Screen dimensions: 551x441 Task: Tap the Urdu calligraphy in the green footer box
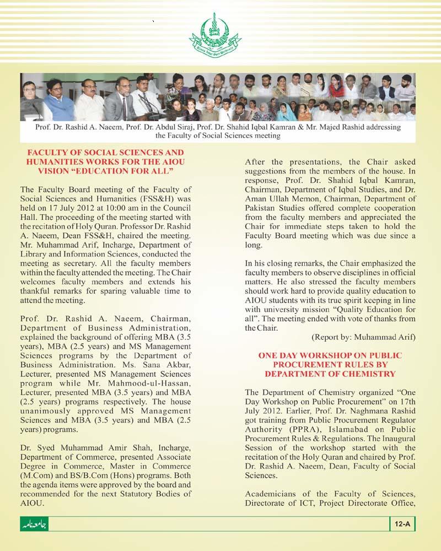[x=34, y=524]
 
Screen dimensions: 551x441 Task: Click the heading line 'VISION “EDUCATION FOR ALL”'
[x=105, y=170]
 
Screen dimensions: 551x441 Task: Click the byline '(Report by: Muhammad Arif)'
[x=363, y=336]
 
